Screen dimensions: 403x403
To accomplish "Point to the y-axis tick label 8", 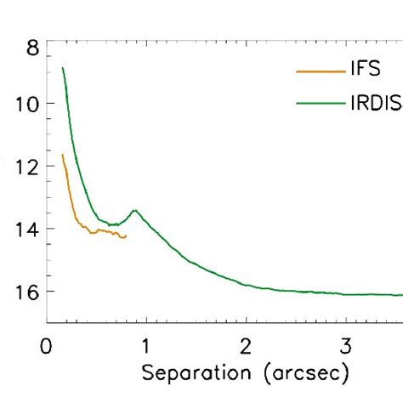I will click(32, 48).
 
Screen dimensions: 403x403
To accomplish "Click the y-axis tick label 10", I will click(26, 104).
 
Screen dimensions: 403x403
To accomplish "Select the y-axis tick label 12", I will click(26, 167).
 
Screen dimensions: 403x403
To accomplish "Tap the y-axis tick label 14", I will click(26, 229).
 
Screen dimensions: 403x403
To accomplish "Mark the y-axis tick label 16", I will click(26, 291).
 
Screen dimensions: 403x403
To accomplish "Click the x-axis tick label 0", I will click(48, 347).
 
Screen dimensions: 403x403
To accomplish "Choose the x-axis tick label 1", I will click(147, 347).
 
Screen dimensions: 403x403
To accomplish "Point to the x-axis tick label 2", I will click(247, 347).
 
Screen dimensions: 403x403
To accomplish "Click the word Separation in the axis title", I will click(195, 372).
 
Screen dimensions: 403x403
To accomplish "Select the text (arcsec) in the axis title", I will click(303, 372).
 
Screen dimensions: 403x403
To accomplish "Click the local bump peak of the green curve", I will click(134, 209).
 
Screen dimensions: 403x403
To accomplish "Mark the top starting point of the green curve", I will click(62, 68).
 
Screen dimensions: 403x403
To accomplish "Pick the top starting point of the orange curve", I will click(62, 155).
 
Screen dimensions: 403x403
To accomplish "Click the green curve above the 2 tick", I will click(247, 285).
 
